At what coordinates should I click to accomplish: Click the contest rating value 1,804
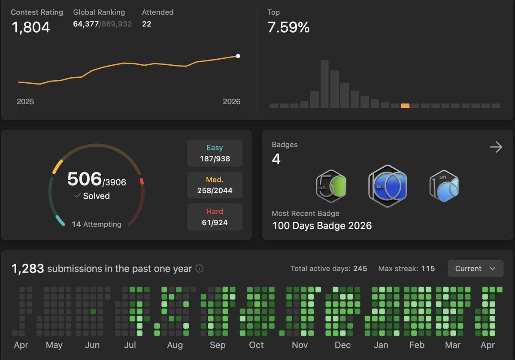pyautogui.click(x=30, y=27)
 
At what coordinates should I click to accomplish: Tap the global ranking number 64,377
pyautogui.click(x=86, y=24)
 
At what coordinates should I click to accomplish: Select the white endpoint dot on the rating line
pyautogui.click(x=238, y=56)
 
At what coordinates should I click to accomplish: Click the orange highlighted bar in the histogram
pyautogui.click(x=405, y=106)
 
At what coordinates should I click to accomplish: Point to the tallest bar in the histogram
pyautogui.click(x=324, y=84)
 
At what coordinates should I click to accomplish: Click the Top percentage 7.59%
pyautogui.click(x=288, y=27)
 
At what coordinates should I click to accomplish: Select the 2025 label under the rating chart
pyautogui.click(x=25, y=102)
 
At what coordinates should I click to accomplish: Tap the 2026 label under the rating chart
pyautogui.click(x=232, y=102)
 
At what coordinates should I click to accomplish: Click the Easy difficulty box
pyautogui.click(x=215, y=153)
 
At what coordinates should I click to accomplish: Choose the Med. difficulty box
pyautogui.click(x=215, y=185)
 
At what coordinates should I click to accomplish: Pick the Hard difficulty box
pyautogui.click(x=215, y=217)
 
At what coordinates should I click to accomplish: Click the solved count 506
pyautogui.click(x=84, y=179)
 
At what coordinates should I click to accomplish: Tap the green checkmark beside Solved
pyautogui.click(x=78, y=196)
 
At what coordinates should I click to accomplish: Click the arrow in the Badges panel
pyautogui.click(x=496, y=147)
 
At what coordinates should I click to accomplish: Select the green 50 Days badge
pyautogui.click(x=331, y=186)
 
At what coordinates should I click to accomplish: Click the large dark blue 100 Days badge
pyautogui.click(x=387, y=186)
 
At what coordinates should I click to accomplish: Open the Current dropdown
pyautogui.click(x=476, y=269)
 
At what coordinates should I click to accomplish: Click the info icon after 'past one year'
pyautogui.click(x=200, y=269)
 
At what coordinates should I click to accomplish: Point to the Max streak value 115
pyautogui.click(x=428, y=269)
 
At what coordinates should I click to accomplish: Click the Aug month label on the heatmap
pyautogui.click(x=175, y=345)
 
